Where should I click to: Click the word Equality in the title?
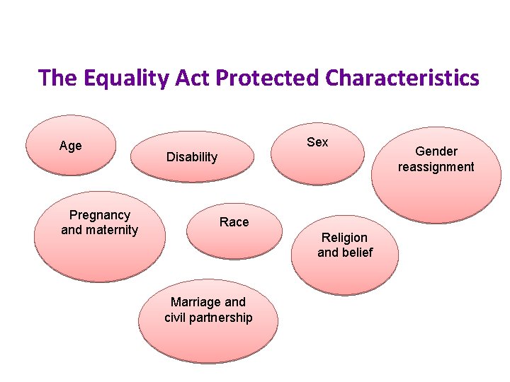pos(116,78)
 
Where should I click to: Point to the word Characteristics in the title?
pos(403,78)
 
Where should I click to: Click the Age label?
pos(71,146)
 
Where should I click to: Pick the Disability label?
pos(192,157)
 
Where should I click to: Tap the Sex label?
pos(317,142)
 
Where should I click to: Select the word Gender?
pos(436,151)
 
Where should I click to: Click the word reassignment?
pos(436,167)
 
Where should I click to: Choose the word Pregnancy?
pos(100,214)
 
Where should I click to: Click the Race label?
pos(234,222)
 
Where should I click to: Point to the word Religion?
pos(345,237)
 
